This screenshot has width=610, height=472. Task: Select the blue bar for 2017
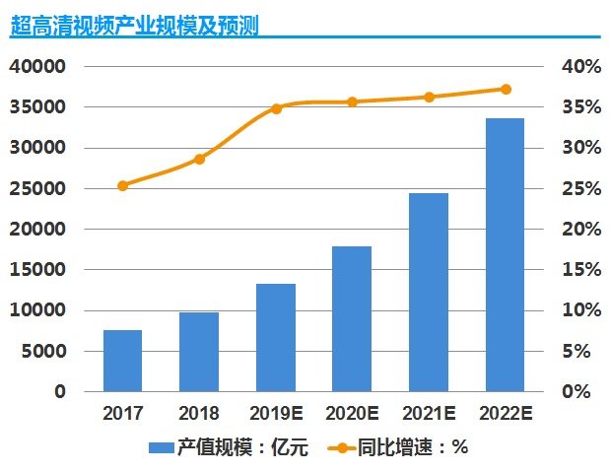click(x=123, y=361)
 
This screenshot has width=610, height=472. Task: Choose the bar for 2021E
click(x=429, y=292)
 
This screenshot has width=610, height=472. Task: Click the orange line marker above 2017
click(x=123, y=185)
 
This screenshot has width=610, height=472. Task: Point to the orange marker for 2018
click(x=199, y=159)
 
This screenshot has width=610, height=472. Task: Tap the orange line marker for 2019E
click(x=276, y=108)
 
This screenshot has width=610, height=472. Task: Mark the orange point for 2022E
click(x=506, y=89)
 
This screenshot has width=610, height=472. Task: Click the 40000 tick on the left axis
click(x=36, y=67)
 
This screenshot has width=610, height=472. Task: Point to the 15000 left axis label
click(x=36, y=270)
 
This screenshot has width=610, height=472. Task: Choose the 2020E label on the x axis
click(x=352, y=412)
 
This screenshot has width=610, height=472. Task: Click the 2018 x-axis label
click(x=199, y=412)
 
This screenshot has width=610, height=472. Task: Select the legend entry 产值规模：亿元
click(x=230, y=448)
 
